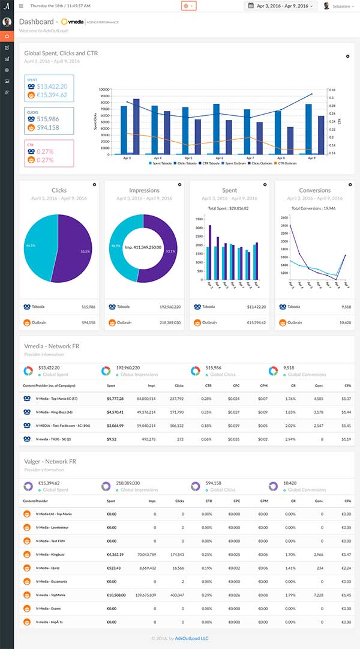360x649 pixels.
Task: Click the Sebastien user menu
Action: (x=339, y=5)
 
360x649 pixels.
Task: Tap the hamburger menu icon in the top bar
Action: (x=21, y=5)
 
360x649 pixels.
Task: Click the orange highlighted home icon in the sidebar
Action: (x=7, y=36)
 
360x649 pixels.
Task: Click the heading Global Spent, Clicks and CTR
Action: (x=61, y=53)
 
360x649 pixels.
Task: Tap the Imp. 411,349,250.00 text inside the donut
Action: (x=143, y=247)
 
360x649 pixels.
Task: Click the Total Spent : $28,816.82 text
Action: (x=229, y=208)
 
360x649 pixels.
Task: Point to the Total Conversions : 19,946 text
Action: (x=314, y=208)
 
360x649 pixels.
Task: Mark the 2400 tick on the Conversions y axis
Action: (x=284, y=225)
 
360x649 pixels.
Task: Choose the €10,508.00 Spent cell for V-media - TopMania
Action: (x=116, y=594)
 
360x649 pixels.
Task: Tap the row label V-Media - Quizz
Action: (x=48, y=567)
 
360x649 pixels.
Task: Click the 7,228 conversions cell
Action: (x=318, y=594)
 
